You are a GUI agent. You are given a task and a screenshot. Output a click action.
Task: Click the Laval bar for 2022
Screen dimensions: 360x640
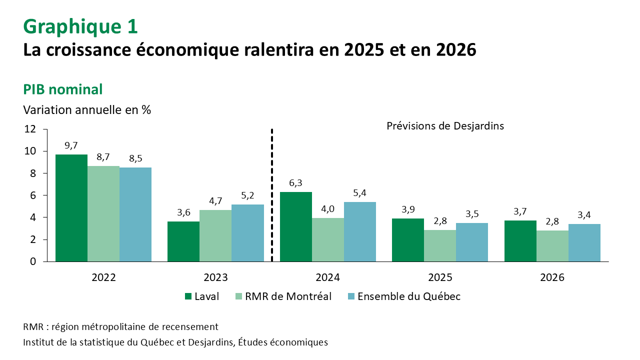coord(71,208)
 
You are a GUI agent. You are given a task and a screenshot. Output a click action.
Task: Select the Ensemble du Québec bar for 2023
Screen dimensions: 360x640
coord(247,233)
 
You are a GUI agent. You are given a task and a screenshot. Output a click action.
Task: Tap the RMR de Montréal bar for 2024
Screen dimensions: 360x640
coord(327,239)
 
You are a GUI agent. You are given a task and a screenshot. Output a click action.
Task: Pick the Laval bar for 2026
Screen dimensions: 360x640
coord(520,241)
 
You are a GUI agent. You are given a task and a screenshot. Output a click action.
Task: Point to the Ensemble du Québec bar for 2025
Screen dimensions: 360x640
coord(472,242)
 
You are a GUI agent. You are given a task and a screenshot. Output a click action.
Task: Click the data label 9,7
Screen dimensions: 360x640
coord(71,145)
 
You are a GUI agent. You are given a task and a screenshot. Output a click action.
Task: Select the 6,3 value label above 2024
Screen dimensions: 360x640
coord(295,183)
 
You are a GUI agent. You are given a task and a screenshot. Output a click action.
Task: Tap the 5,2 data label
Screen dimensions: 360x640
coord(247,195)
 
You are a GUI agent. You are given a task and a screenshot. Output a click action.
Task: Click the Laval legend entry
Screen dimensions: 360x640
coord(202,296)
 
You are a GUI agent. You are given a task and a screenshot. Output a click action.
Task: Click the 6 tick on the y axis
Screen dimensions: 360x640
coord(33,195)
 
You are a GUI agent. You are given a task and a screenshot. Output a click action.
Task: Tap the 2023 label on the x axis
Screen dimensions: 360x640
coord(215,277)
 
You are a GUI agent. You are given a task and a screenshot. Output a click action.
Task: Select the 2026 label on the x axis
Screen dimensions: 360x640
coord(552,277)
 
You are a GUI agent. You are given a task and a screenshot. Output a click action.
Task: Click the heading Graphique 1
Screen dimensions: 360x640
coord(80,26)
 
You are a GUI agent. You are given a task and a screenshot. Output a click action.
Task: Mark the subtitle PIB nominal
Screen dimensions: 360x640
coord(63,89)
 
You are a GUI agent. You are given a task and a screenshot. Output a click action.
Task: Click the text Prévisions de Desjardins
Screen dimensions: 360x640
coord(445,126)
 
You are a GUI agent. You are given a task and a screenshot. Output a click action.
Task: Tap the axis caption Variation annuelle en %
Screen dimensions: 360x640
coord(87,109)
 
